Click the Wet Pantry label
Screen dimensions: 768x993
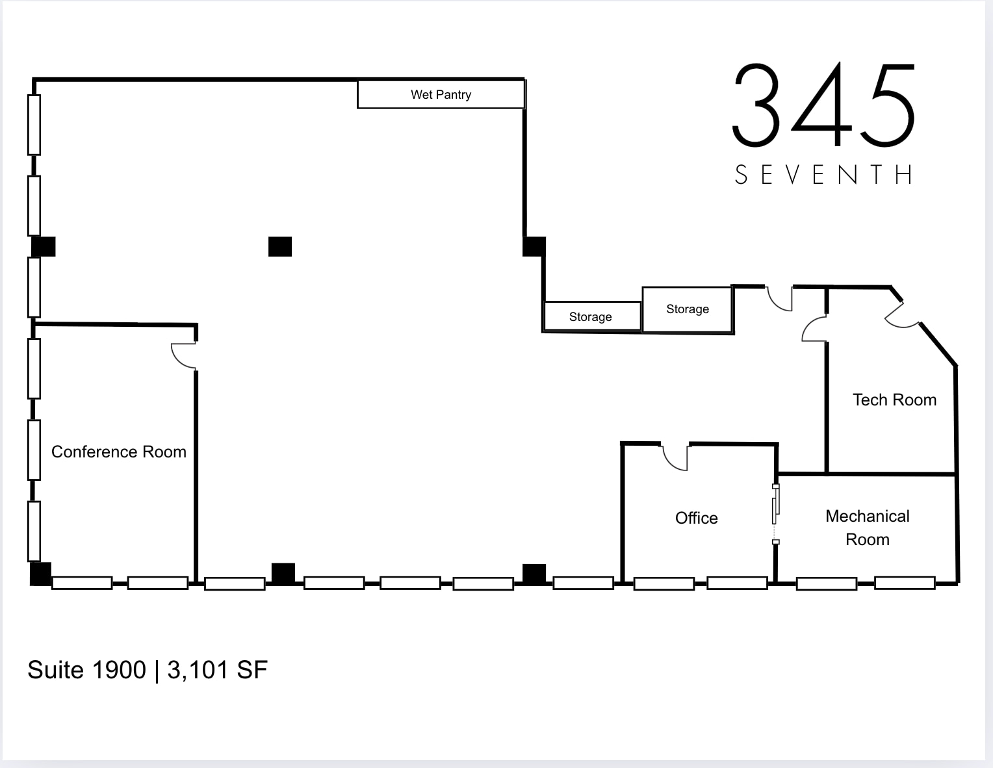click(441, 95)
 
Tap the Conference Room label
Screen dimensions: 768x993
click(118, 452)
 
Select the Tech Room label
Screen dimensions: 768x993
click(894, 400)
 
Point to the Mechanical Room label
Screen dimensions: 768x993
click(867, 528)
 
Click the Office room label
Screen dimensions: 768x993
click(696, 518)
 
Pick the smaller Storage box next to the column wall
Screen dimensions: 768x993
click(591, 316)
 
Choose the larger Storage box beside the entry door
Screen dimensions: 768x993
click(687, 309)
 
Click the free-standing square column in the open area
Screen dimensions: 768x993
click(280, 247)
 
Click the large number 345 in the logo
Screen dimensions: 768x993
click(824, 105)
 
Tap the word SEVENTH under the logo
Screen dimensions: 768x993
click(824, 175)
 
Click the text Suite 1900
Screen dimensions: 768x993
click(86, 670)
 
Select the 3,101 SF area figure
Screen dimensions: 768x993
click(218, 670)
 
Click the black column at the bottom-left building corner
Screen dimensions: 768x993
click(41, 574)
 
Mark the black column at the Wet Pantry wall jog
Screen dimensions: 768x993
click(534, 247)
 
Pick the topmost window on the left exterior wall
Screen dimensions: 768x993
click(34, 125)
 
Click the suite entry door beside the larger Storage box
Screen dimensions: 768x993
click(780, 298)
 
